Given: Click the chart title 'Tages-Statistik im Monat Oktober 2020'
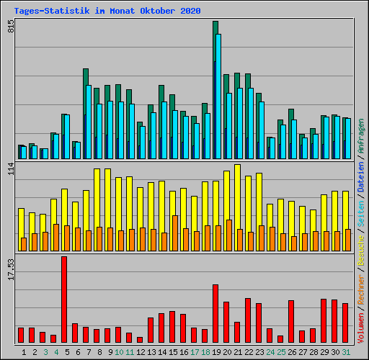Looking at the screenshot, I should pyautogui.click(x=107, y=11).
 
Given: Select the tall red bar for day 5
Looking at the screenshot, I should pyautogui.click(x=64, y=299).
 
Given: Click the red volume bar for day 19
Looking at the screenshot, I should pyautogui.click(x=215, y=313).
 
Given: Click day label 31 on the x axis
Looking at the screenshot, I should pyautogui.click(x=346, y=352).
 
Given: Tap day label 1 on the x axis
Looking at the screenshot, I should pyautogui.click(x=24, y=352).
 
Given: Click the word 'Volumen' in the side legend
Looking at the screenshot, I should pyautogui.click(x=360, y=320).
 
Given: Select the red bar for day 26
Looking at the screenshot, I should pyautogui.click(x=291, y=321).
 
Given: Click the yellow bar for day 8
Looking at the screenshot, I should pyautogui.click(x=97, y=209).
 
